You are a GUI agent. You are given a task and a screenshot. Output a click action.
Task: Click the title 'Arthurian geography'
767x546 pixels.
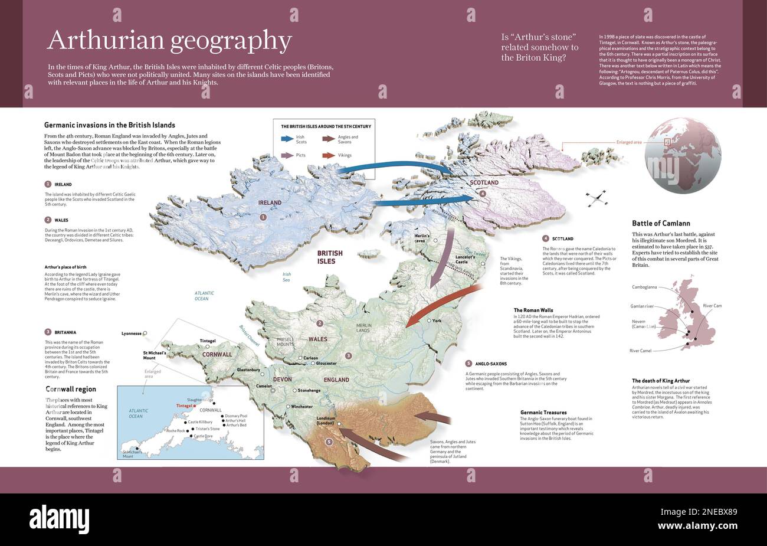(x=169, y=40)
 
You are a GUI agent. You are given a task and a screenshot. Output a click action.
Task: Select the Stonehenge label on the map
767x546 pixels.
(x=309, y=390)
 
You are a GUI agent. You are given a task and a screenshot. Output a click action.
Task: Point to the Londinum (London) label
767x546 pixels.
(x=325, y=420)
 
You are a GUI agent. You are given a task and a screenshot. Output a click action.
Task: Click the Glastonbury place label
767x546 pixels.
(x=249, y=370)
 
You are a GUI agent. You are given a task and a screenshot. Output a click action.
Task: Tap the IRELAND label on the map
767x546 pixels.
(x=270, y=202)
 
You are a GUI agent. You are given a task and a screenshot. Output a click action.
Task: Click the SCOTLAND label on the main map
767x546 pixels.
(x=484, y=182)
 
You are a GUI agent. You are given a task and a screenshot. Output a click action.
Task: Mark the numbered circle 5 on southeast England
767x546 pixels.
(x=329, y=442)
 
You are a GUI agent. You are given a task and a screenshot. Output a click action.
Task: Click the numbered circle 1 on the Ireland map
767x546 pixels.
(x=263, y=217)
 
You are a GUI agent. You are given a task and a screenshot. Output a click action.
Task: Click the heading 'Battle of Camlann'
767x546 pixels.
(x=661, y=223)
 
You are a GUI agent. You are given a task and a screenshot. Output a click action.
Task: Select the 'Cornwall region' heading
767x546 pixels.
(x=71, y=389)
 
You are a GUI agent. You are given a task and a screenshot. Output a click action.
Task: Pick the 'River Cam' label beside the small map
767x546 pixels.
(x=712, y=306)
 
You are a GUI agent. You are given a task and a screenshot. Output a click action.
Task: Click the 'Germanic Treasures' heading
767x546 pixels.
(x=543, y=412)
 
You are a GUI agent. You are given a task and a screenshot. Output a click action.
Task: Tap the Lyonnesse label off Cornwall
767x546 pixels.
(x=132, y=333)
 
